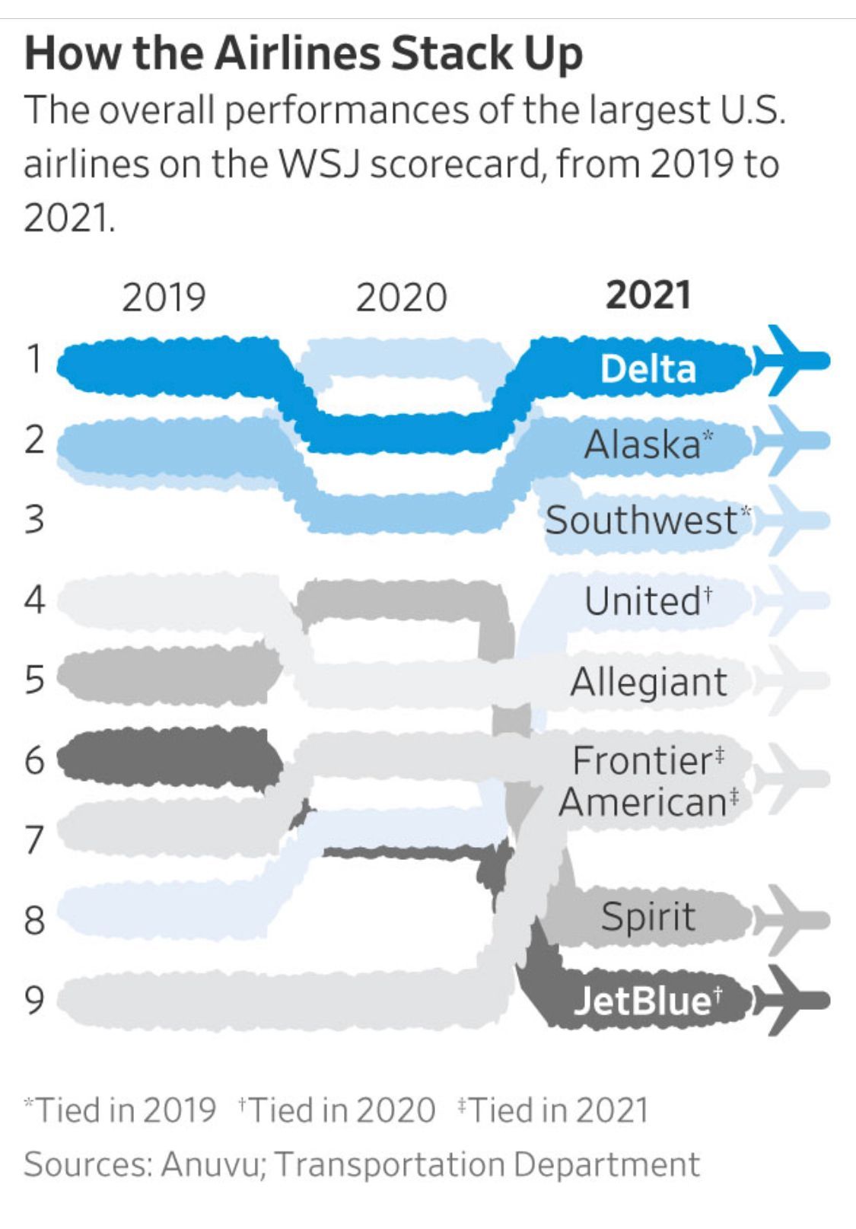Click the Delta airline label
[x=648, y=368]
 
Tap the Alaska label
[x=648, y=444]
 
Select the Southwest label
[x=648, y=519]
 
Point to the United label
[x=648, y=600]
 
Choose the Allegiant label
[x=649, y=682]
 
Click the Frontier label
[x=648, y=760]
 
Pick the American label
[x=648, y=801]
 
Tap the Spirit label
[x=648, y=917]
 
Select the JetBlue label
[x=648, y=1000]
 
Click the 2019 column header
[x=164, y=298]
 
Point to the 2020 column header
[x=401, y=298]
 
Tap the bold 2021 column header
[x=648, y=295]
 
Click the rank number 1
[x=34, y=359]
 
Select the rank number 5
[x=34, y=680]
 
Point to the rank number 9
[x=34, y=1000]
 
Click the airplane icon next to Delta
[x=791, y=360]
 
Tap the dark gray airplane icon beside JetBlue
[x=791, y=1000]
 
